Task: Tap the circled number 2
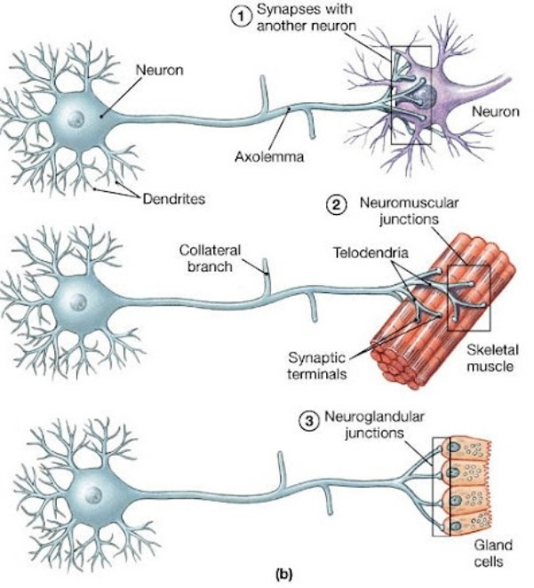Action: (337, 206)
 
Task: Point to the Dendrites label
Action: (174, 198)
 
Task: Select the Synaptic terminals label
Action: (314, 364)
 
